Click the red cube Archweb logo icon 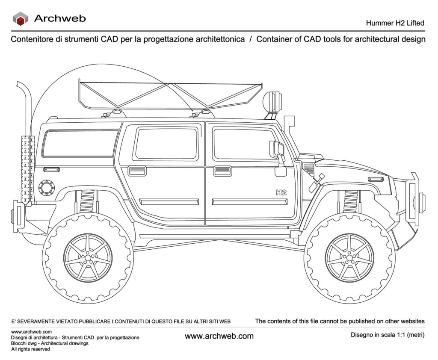pos(21,19)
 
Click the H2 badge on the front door pos(281,192)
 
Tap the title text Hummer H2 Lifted pos(395,23)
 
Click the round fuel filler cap pos(47,188)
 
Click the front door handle pos(222,171)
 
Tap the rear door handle pos(137,171)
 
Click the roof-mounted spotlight pos(272,101)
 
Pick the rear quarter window pos(80,143)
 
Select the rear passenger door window pos(167,144)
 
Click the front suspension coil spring pos(351,201)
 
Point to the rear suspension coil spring pos(86,201)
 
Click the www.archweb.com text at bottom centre pos(219,336)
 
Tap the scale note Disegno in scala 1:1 pos(388,335)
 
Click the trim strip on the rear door pos(169,202)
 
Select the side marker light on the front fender pos(376,179)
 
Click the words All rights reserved pos(30,349)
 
